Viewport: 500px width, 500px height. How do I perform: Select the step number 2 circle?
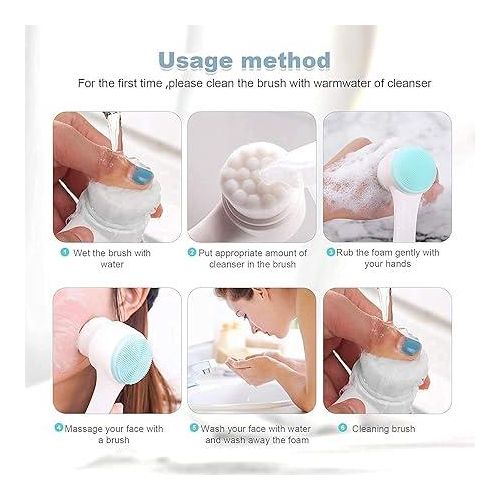point(192,252)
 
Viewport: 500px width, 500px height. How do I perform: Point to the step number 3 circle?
point(330,252)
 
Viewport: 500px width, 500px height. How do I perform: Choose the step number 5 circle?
point(194,428)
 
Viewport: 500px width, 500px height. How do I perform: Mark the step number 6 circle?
point(342,428)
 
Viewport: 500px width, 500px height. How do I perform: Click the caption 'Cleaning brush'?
point(384,428)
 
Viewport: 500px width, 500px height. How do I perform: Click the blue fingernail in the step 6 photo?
point(410,346)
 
